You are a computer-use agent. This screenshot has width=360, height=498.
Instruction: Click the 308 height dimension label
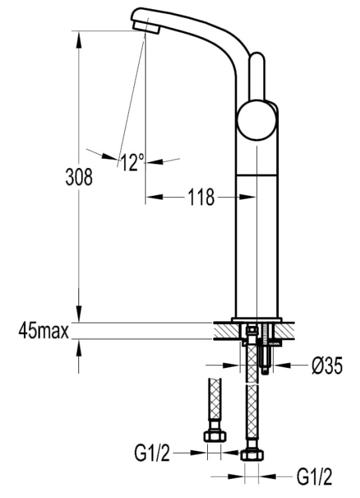[x=79, y=177]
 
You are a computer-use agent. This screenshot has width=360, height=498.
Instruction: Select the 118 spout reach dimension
[x=201, y=197]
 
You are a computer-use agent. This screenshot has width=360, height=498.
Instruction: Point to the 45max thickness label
[x=44, y=331]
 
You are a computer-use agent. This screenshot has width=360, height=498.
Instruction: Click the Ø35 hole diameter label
[x=327, y=366]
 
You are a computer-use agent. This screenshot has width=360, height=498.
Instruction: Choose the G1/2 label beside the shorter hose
[x=152, y=453]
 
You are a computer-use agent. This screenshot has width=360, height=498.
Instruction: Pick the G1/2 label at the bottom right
[x=315, y=477]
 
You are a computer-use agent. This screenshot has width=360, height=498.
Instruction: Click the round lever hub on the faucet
[x=256, y=120]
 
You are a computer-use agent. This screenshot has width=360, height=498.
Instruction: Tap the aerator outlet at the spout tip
[x=147, y=27]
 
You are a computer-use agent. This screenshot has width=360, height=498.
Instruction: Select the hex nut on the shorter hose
[x=215, y=436]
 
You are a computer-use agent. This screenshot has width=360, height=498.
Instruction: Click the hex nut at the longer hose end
[x=252, y=456]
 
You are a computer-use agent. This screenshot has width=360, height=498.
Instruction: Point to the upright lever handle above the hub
[x=256, y=76]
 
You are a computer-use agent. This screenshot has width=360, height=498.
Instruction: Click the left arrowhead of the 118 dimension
[x=154, y=197]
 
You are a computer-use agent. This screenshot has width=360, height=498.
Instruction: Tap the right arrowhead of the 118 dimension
[x=248, y=197]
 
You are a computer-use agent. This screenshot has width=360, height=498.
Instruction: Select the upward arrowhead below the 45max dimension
[x=79, y=347]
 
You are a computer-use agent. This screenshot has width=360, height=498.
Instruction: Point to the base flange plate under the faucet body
[x=257, y=320]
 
